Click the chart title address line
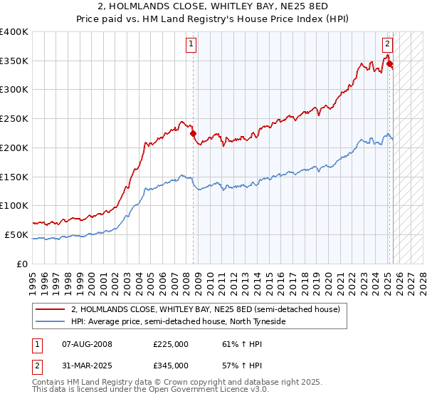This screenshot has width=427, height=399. coord(213,7)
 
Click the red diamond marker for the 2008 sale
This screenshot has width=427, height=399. coord(193,133)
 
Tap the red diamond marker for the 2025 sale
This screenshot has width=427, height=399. coord(389,63)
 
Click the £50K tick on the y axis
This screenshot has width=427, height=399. coord(17,234)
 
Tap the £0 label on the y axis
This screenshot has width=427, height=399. coord(23,264)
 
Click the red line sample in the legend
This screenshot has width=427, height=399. coord(50,309)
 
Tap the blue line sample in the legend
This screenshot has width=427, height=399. coord(50,321)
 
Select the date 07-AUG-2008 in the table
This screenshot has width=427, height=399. coord(87,344)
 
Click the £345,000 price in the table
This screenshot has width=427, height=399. coord(170,365)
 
